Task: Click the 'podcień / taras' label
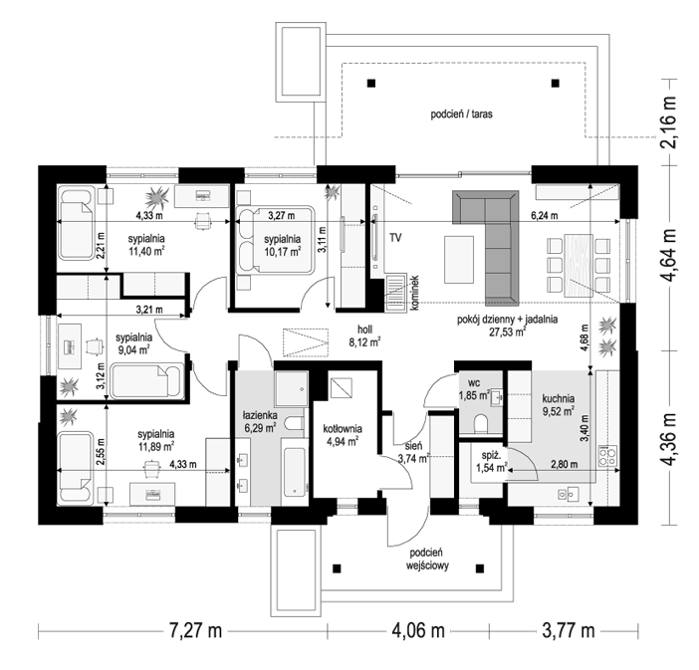[461, 114]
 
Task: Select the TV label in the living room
[395, 238]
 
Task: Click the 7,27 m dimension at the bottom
[195, 631]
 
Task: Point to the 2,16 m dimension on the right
[669, 121]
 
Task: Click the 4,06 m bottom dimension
[417, 631]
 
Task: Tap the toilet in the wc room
[481, 424]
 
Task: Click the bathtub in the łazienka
[295, 472]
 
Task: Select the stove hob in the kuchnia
[608, 456]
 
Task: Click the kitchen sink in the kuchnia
[568, 494]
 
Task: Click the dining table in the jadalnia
[579, 265]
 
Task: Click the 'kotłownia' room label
[343, 429]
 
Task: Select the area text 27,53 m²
[507, 333]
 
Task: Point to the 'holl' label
[364, 330]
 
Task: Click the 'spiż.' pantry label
[488, 456]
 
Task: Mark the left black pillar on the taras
[370, 83]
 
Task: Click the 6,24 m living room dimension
[544, 216]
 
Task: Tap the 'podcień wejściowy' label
[427, 559]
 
